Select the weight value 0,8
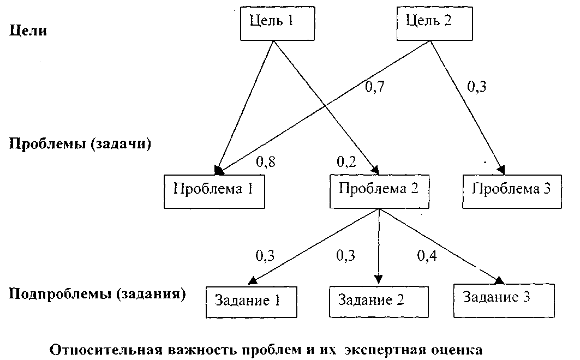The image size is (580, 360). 266,161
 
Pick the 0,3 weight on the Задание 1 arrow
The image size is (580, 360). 266,255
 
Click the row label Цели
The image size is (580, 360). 28,31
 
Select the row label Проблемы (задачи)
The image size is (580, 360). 80,145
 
